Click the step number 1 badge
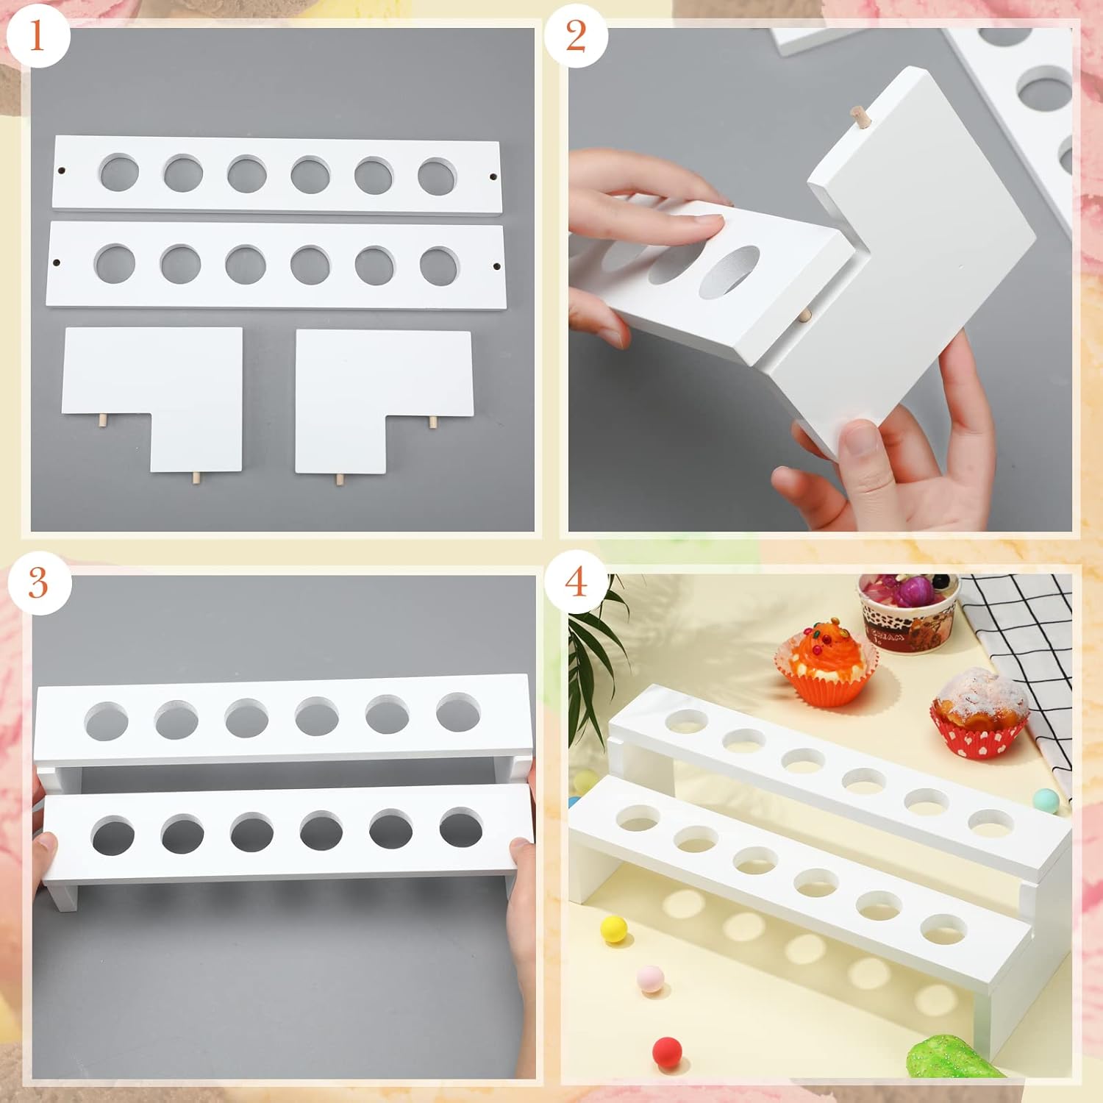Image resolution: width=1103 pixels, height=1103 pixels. (37, 35)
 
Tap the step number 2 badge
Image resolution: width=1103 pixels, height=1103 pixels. (576, 35)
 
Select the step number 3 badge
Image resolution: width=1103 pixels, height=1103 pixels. (38, 582)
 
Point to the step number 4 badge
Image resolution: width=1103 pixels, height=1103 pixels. (576, 582)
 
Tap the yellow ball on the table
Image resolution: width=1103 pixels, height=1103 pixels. (614, 929)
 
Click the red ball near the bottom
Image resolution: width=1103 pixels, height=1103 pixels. (667, 1052)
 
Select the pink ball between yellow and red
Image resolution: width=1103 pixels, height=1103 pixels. (651, 979)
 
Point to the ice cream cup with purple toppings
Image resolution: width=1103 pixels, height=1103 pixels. (909, 610)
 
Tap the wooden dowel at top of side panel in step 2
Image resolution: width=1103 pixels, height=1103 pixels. (857, 116)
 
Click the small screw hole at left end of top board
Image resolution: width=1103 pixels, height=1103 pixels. (62, 171)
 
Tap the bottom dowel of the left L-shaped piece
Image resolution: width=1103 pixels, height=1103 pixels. (196, 478)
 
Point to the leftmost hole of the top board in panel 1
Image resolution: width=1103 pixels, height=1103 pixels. (118, 173)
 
